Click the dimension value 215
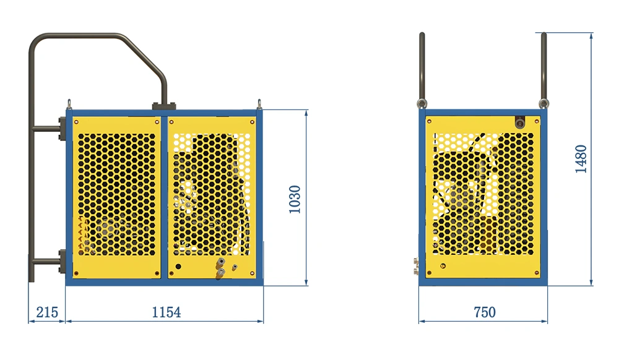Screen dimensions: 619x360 coord(47,312)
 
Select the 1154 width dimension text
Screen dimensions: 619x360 coord(166,312)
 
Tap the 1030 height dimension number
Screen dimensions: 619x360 coord(295,199)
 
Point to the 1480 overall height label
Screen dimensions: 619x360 coord(581,159)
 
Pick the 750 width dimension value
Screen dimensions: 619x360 coord(485,312)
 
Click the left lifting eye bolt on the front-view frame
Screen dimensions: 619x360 coord(69,104)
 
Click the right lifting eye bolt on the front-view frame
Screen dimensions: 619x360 coord(259,104)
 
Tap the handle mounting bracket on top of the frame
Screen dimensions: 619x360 coord(163,106)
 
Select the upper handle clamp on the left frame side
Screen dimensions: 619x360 coord(62,128)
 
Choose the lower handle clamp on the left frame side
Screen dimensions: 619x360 coord(62,261)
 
